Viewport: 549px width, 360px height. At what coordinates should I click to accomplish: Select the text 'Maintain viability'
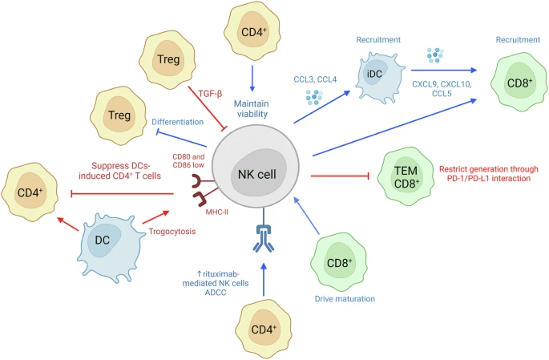click(262, 108)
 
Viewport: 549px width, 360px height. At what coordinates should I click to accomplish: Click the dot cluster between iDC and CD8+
click(434, 55)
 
